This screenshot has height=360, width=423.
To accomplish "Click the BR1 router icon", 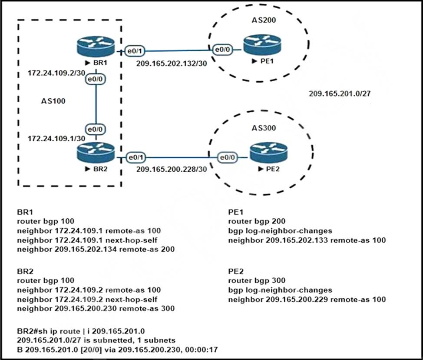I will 95,47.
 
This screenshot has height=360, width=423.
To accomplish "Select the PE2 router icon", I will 268,153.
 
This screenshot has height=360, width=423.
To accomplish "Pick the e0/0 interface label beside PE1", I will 221,50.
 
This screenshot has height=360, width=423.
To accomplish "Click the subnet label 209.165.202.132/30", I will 169,63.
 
